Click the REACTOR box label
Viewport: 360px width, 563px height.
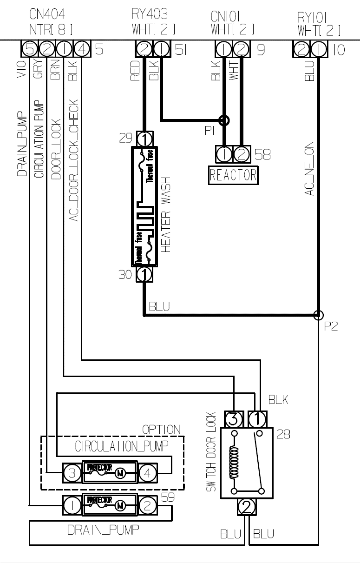click(x=233, y=175)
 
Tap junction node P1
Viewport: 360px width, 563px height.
click(x=224, y=120)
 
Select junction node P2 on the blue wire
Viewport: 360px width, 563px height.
click(x=318, y=315)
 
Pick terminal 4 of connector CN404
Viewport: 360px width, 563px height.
click(x=81, y=48)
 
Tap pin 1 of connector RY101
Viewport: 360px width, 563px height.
click(x=318, y=48)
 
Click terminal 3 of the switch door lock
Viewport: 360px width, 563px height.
click(x=234, y=419)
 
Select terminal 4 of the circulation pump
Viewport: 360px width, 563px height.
click(x=147, y=473)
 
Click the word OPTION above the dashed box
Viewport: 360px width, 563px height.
click(x=162, y=429)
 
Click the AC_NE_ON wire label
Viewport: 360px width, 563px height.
click(x=309, y=168)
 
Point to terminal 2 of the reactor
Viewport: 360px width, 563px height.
click(x=241, y=153)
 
